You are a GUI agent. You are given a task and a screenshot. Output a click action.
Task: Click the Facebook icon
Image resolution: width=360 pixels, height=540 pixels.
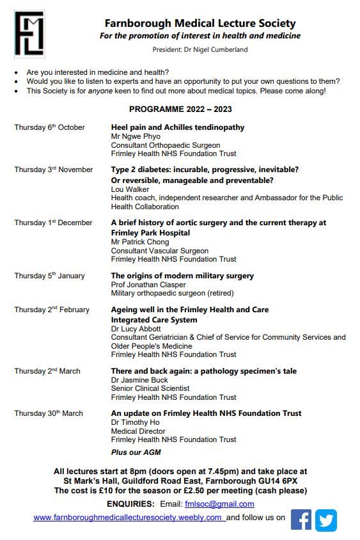coord(301,520)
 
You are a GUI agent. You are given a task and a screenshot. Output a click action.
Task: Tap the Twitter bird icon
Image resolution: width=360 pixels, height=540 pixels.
coord(325,520)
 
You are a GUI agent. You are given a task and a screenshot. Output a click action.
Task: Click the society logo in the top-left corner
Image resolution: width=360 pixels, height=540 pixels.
coord(29,33)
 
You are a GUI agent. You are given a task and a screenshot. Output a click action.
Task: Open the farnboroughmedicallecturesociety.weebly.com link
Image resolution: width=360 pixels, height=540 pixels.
coord(128,518)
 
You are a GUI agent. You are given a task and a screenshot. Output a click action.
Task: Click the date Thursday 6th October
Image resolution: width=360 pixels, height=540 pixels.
coord(49,127)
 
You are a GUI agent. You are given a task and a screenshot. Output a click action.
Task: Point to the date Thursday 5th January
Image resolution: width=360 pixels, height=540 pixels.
coord(49,276)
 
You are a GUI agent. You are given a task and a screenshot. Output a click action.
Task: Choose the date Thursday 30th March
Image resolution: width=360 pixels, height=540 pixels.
coord(49,413)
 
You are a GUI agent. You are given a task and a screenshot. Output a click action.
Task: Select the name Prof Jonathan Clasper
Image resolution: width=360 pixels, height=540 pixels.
coord(149,285)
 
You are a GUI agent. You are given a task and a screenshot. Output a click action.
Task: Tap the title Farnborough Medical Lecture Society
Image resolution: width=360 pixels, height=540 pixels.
coord(200,24)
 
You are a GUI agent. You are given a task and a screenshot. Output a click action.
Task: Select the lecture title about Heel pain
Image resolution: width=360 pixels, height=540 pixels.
coord(178,127)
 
